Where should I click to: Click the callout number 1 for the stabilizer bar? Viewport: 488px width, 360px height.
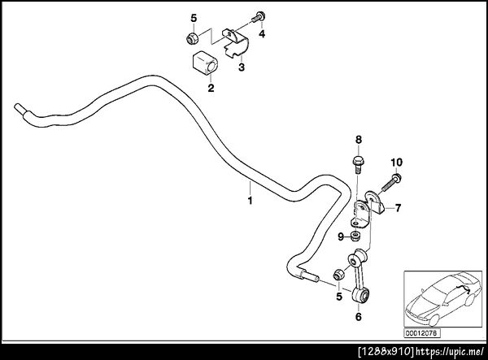pos(250,201)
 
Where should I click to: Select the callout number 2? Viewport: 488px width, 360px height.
pos(211,88)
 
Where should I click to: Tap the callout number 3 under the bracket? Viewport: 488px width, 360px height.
pos(242,67)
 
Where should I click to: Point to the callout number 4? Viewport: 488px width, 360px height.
pos(262,34)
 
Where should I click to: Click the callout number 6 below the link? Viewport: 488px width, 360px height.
pos(359,317)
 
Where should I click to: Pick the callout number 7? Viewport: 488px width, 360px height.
pos(399,208)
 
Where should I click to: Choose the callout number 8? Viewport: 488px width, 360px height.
pos(359,140)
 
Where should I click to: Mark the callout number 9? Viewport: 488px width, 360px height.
pos(341,237)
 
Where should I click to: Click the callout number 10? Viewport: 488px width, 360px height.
pos(397,162)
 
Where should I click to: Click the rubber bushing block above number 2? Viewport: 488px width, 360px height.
pos(205,63)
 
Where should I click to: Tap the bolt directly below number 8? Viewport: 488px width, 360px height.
pos(358,165)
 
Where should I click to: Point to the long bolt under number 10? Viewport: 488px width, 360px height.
pos(390,184)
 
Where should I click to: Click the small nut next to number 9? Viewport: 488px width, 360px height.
pos(355,236)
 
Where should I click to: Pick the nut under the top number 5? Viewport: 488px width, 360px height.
pos(192,38)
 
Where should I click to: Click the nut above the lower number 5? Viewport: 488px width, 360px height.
pos(338,274)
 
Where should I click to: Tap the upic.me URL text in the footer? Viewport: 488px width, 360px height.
pos(451,352)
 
